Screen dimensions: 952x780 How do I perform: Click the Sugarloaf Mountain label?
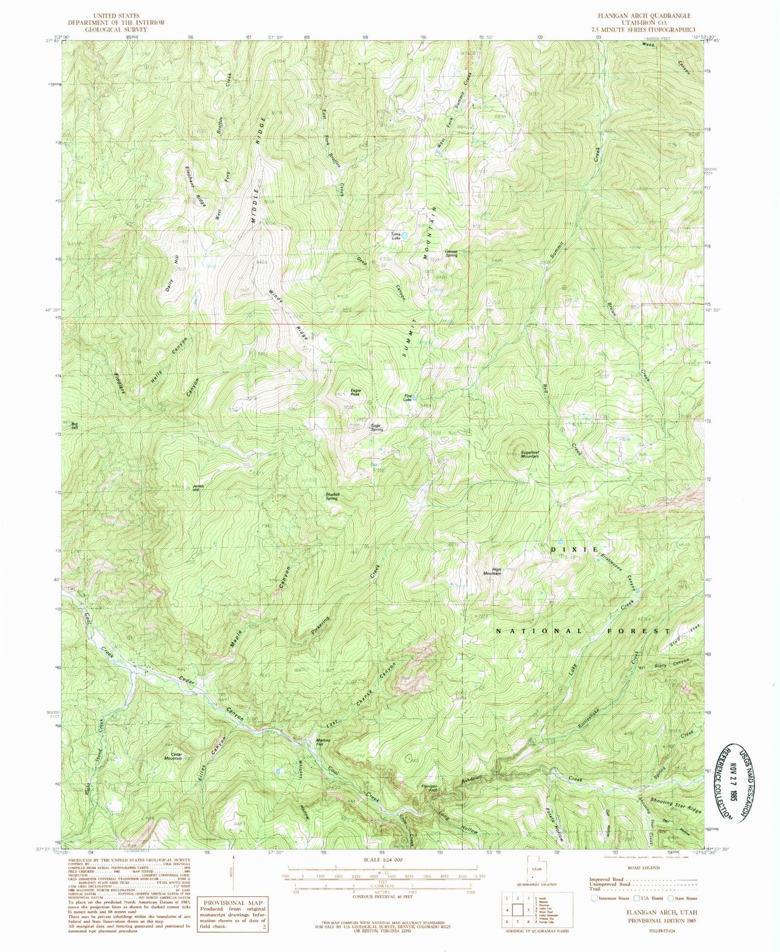[530, 454]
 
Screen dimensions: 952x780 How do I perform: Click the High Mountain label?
[492, 571]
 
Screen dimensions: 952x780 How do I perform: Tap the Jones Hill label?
[196, 488]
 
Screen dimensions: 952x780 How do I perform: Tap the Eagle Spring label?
[377, 428]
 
